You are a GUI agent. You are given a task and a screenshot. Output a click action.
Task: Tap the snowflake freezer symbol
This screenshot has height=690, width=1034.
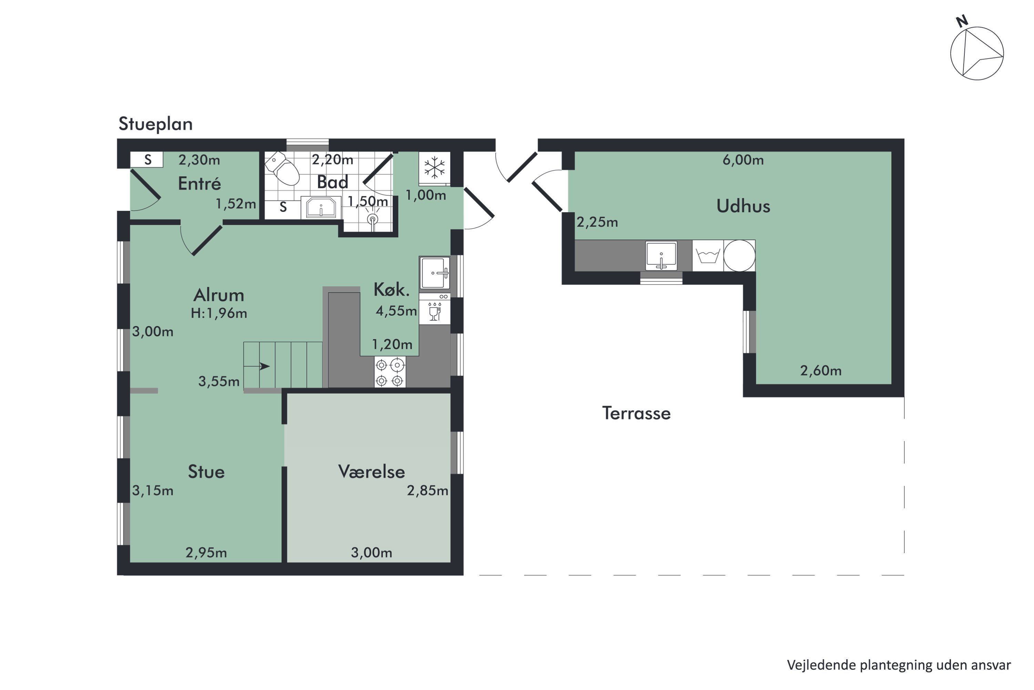click(434, 168)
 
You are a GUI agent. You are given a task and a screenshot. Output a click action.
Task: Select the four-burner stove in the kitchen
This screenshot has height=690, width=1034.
click(390, 372)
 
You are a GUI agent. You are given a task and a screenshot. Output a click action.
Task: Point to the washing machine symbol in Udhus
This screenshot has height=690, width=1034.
click(708, 256)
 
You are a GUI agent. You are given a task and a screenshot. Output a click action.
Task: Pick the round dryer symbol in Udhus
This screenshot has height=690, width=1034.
click(739, 256)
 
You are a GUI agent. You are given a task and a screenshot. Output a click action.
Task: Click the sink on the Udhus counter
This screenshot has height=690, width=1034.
click(661, 255)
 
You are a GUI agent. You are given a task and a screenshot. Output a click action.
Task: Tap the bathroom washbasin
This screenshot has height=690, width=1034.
click(321, 208)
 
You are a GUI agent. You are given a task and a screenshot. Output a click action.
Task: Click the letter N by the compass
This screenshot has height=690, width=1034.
click(962, 21)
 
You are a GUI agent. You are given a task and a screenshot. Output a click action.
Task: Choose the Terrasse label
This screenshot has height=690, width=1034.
click(636, 413)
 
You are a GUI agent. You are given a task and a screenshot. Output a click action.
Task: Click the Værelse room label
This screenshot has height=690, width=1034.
click(372, 472)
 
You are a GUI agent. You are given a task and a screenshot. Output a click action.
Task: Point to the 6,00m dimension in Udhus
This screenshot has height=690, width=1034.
click(743, 160)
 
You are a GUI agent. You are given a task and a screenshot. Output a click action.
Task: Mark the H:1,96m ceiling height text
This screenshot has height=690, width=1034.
click(219, 313)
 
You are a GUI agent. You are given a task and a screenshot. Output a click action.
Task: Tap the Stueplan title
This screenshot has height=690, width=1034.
click(156, 124)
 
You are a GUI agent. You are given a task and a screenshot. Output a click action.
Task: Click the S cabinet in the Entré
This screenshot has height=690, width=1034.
click(147, 160)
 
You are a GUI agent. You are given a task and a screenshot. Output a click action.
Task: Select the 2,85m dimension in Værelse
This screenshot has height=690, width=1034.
click(427, 491)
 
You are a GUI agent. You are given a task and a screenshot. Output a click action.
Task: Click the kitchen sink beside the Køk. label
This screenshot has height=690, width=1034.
click(435, 273)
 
